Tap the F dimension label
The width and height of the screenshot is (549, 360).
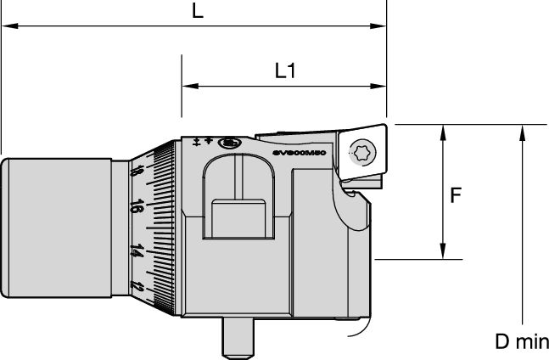pyautogui.click(x=455, y=195)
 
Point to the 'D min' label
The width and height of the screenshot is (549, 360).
pyautogui.click(x=522, y=342)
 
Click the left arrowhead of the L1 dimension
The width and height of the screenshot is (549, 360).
pyautogui.click(x=187, y=87)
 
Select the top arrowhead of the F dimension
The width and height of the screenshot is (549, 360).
pyautogui.click(x=442, y=130)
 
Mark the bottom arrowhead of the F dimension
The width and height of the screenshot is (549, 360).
pyautogui.click(x=442, y=254)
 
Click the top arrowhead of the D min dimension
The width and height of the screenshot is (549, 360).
pyautogui.click(x=522, y=130)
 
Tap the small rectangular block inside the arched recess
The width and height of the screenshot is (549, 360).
pyautogui.click(x=240, y=218)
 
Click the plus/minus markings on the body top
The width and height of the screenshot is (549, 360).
pyautogui.click(x=203, y=141)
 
